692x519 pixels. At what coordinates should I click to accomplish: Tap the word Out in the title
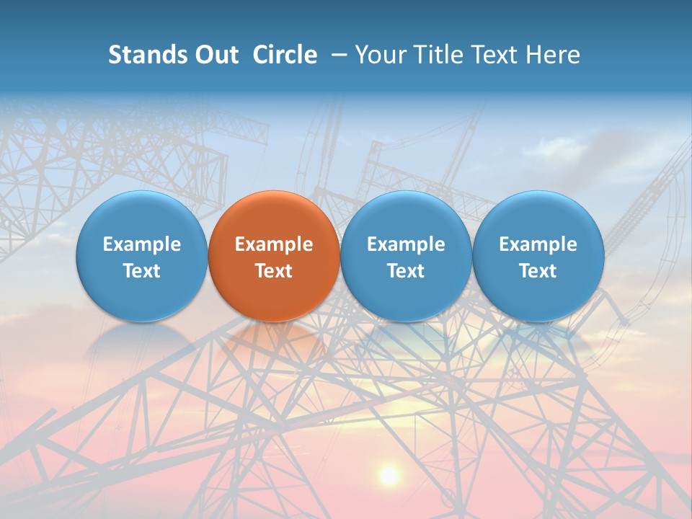click(x=216, y=55)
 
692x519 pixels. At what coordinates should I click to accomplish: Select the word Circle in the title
click(x=285, y=55)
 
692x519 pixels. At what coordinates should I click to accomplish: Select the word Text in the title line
click(x=494, y=55)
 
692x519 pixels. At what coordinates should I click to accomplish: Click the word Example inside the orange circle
click(x=274, y=244)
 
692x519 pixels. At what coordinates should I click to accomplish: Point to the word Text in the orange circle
click(x=274, y=271)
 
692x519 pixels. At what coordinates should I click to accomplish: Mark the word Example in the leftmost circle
click(x=141, y=244)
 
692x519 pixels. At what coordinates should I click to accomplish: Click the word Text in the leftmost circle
click(x=141, y=271)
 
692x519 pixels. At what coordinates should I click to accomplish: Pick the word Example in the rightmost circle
click(x=538, y=244)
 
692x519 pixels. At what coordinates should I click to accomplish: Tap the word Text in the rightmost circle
click(x=538, y=271)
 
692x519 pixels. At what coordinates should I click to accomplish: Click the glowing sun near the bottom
click(x=389, y=474)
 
